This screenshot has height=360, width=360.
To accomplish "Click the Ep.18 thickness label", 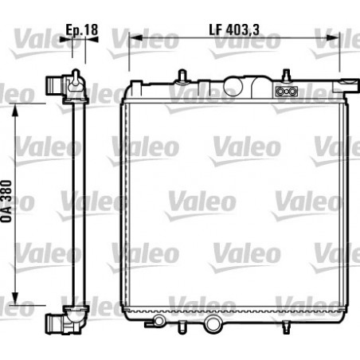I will pos(81,30).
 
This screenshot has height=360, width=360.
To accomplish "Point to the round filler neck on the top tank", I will pos(237,84).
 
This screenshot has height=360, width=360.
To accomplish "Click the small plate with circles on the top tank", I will pos(285,92).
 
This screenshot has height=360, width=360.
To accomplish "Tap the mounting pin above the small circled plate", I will pos(285,77).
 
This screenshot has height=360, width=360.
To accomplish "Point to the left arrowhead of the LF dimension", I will pos(132,37).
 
